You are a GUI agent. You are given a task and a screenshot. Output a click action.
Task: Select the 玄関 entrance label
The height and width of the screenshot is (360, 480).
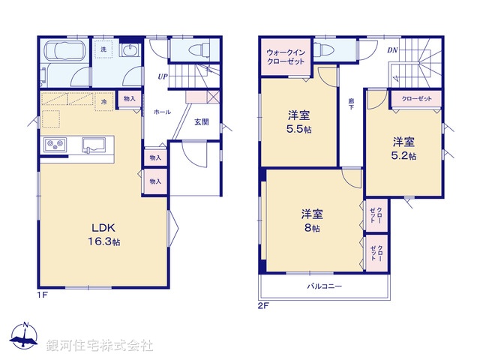202,121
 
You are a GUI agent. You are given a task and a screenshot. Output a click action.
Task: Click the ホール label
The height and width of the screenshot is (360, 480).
162,111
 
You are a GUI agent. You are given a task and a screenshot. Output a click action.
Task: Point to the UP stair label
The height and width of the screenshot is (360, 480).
162,76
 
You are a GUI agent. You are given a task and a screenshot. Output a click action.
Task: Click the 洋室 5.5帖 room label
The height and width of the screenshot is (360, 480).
299,122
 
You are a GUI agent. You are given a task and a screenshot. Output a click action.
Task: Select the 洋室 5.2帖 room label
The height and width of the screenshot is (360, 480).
403,148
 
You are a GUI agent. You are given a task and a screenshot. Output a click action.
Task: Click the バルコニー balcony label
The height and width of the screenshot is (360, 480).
324,286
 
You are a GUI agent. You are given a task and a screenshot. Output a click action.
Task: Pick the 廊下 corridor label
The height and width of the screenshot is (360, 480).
351,104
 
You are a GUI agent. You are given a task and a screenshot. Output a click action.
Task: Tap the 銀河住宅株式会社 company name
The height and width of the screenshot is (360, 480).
100,345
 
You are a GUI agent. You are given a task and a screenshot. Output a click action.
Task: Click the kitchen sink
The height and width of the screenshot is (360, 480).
94,144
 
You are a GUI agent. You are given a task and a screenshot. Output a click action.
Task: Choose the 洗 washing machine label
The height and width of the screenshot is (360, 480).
103,49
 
